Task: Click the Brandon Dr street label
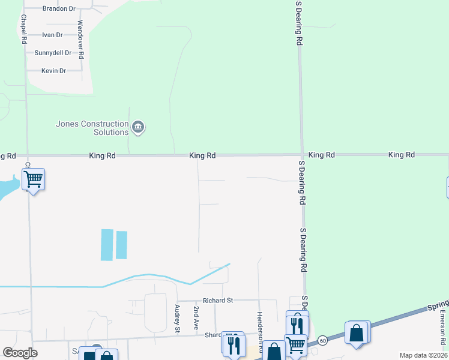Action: [x=59, y=9]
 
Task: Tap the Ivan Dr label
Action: [x=53, y=35]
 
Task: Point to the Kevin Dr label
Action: [x=53, y=71]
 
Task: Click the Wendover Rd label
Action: [x=80, y=39]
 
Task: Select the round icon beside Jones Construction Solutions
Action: [x=139, y=127]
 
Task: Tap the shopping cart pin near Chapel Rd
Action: [x=33, y=179]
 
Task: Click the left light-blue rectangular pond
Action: [x=107, y=245]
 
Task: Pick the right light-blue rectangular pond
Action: [x=121, y=245]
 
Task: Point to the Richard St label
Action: [x=217, y=300]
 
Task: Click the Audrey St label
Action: [x=177, y=319]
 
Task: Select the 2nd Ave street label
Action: [x=196, y=318]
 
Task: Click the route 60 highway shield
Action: [x=322, y=339]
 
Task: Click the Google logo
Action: [x=20, y=353]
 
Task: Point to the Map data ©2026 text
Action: [x=424, y=355]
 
